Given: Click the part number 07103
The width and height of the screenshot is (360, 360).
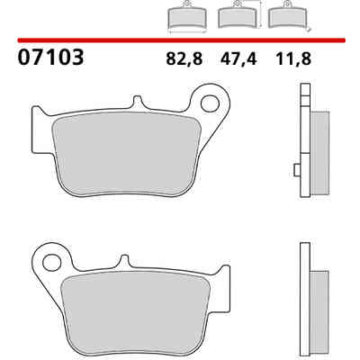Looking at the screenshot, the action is (x=50, y=58).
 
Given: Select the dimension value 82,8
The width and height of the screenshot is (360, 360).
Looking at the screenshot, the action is (x=184, y=58).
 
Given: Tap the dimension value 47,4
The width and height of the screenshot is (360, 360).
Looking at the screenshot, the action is (x=238, y=58).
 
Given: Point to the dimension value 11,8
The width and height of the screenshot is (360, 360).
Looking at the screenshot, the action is (x=293, y=58).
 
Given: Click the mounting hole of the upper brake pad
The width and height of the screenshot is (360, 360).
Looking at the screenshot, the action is (x=210, y=103).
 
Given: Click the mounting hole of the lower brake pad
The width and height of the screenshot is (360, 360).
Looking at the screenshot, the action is (x=51, y=263).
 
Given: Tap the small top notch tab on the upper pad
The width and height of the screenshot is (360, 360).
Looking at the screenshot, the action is (x=137, y=102).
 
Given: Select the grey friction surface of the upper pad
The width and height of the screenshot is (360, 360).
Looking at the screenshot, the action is (x=126, y=155).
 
